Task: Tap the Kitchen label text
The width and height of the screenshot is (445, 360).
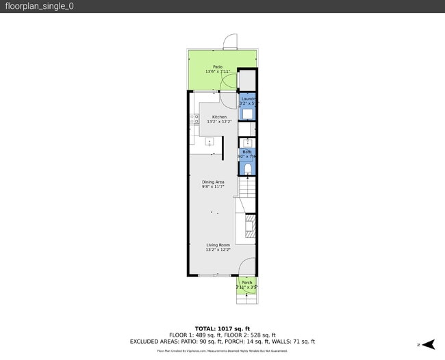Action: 219,117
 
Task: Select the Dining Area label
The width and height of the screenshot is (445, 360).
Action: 213,181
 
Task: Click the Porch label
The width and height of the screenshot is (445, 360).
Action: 246,283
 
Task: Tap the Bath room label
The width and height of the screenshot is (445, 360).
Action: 246,152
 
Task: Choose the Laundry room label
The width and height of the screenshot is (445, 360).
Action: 247,99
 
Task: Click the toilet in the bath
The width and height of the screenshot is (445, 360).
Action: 248,168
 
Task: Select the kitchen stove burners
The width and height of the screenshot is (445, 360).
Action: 193,120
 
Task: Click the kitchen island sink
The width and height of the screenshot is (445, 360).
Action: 210,142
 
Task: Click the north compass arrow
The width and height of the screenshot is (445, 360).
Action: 420,344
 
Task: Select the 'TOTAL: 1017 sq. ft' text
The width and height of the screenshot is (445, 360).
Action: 222,329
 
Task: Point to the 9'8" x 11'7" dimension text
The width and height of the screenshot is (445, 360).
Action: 213,186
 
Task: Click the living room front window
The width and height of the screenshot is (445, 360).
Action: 209,275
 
